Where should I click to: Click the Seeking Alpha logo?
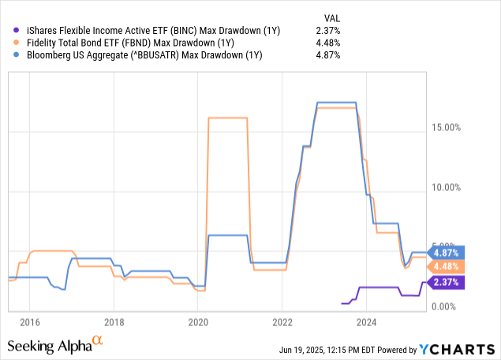pyautogui.click(x=55, y=345)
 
